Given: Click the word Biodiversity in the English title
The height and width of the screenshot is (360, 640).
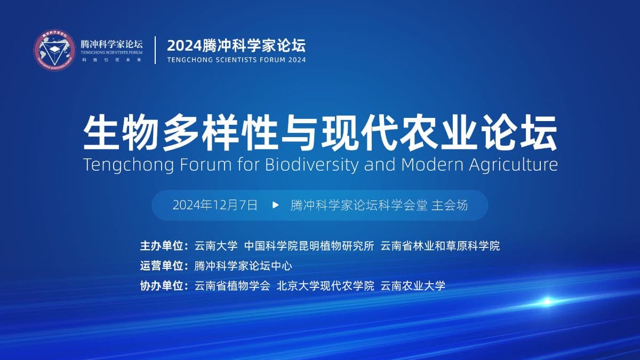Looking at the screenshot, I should tap(311, 165).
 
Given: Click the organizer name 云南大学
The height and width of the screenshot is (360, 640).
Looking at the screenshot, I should tap(216, 246).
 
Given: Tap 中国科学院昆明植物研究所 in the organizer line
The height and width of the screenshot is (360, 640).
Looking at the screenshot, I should tap(309, 246).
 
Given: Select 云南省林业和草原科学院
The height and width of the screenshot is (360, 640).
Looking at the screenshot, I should tap(440, 246).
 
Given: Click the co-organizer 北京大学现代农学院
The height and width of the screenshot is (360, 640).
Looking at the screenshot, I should tap(325, 285).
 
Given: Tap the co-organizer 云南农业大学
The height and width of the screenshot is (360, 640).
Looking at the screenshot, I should tap(413, 285).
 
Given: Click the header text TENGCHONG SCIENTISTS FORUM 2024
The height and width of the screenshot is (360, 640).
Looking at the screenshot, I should tap(236, 60).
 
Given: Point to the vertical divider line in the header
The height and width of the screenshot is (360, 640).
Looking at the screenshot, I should tap(155, 50).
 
